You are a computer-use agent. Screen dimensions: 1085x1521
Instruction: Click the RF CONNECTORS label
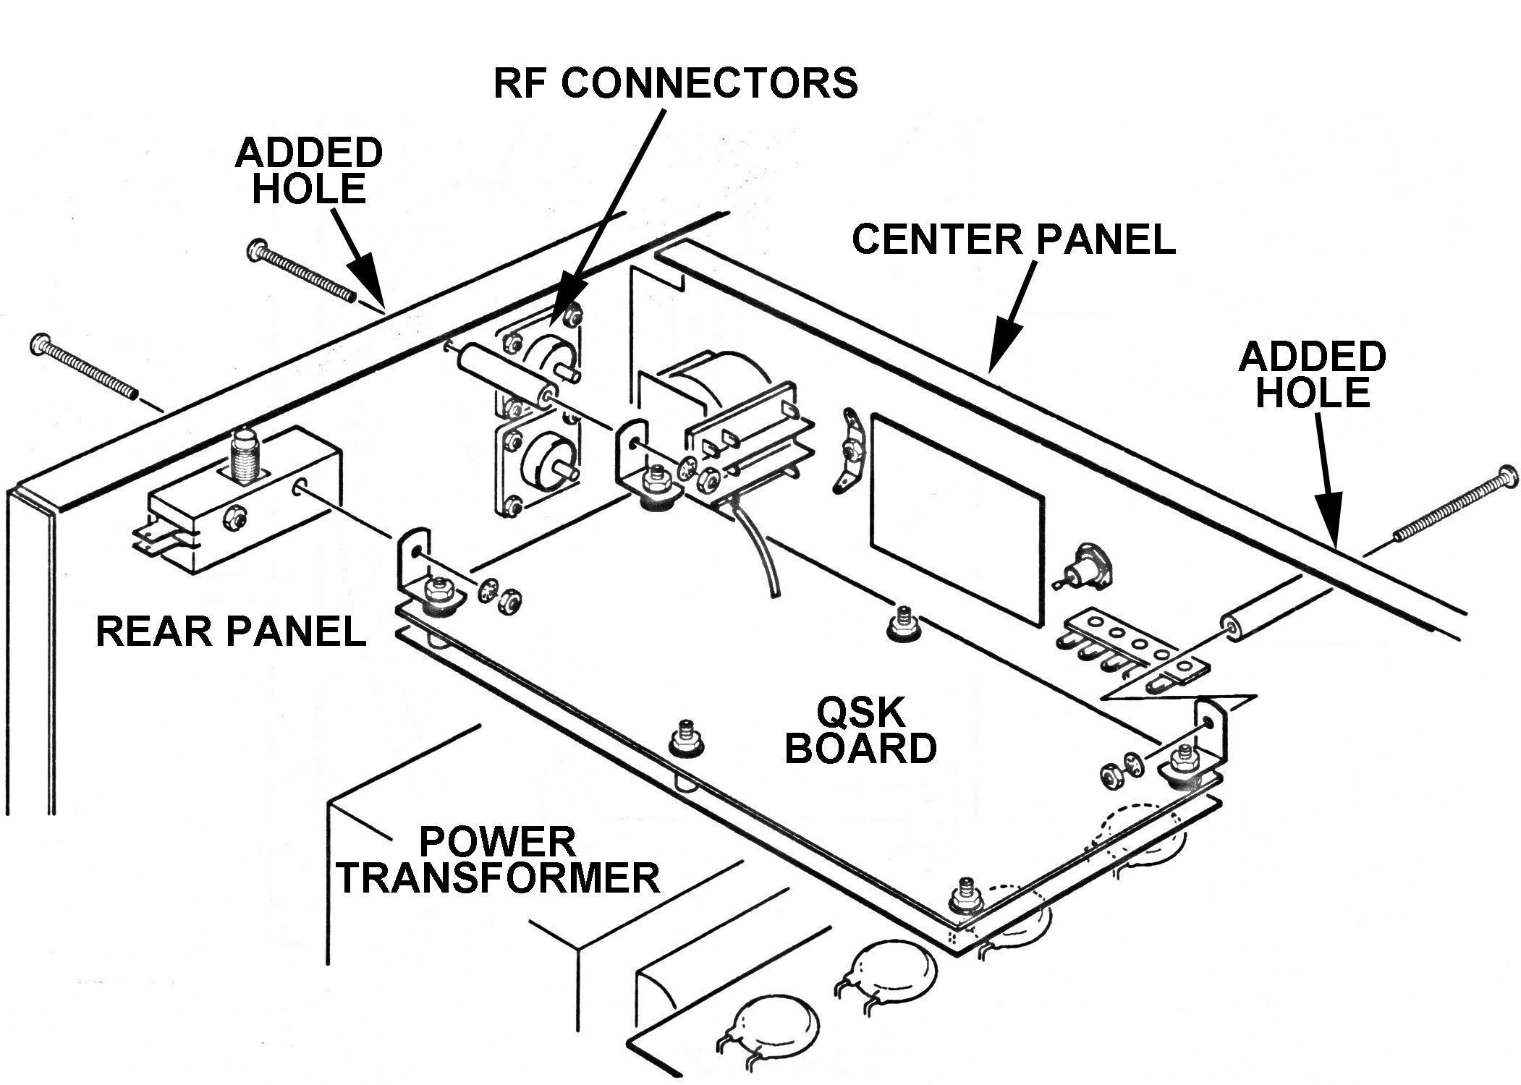tap(675, 83)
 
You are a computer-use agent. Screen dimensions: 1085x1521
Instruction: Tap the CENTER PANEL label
tap(1013, 239)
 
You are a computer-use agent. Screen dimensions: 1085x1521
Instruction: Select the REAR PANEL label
tap(231, 631)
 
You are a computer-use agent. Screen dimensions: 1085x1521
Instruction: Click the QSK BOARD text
tap(860, 731)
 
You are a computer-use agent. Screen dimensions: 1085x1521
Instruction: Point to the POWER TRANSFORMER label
tap(499, 860)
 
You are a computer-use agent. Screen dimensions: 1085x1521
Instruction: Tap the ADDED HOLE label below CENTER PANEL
tap(1313, 375)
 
